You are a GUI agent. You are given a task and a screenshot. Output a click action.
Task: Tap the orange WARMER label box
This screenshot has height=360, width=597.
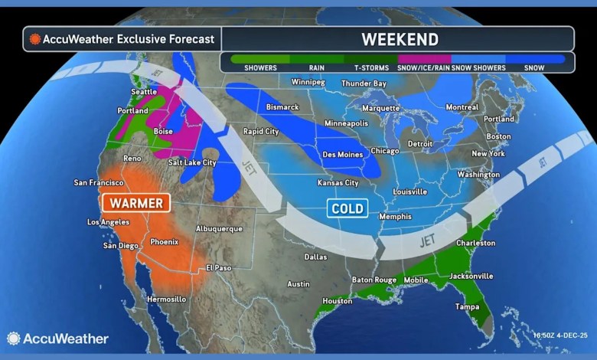tap(136, 203)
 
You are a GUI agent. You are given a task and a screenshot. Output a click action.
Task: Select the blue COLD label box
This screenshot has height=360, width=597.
tap(347, 208)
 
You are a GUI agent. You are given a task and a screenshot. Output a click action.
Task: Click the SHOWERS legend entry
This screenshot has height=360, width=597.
tap(260, 67)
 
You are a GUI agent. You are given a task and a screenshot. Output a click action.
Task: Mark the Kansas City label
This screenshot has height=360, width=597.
tap(338, 183)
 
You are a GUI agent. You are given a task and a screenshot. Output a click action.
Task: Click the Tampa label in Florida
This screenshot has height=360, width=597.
tap(469, 306)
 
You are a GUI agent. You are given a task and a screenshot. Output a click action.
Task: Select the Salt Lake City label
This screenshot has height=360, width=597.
tap(193, 162)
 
